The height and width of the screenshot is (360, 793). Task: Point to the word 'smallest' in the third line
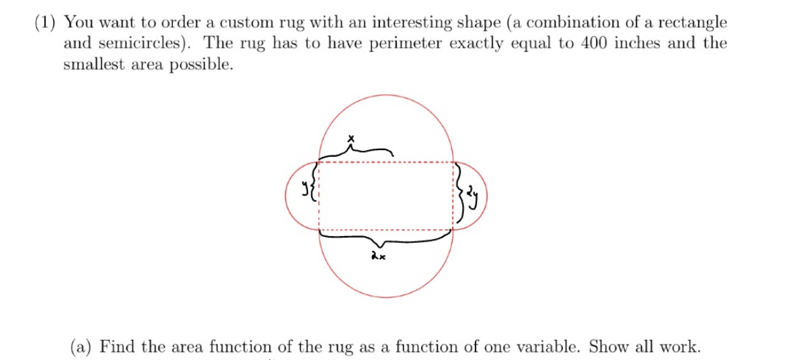92,65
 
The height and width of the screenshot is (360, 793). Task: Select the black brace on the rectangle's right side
461,195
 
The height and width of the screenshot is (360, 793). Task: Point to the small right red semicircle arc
484,195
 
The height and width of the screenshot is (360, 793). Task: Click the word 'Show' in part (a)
608,347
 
